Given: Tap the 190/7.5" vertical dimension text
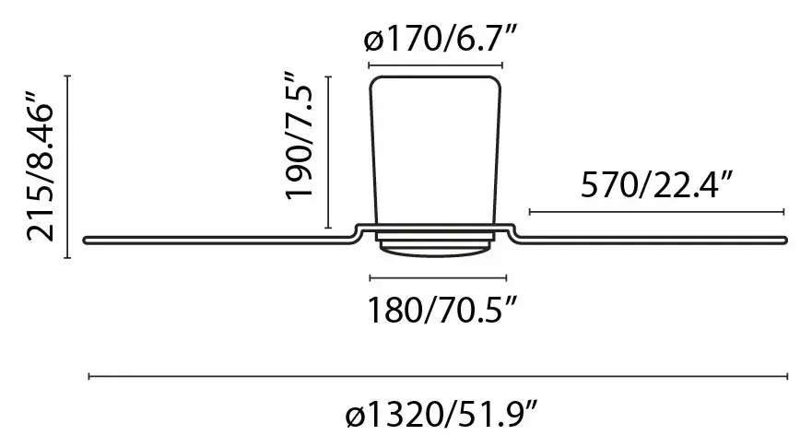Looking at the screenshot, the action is coord(299,135).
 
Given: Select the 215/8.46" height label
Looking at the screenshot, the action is coord(40,167).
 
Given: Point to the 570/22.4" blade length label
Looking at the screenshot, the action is coord(656,184).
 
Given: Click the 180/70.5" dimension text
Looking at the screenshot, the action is coord(441,310).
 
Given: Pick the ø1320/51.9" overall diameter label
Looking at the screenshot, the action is coord(441,416).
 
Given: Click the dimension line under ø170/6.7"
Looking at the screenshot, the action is coord(435,65).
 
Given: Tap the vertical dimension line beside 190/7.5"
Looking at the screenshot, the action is coord(328,152).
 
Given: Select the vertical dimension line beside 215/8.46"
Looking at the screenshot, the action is coord(67,166).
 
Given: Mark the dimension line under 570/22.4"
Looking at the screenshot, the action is coord(656,211).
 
